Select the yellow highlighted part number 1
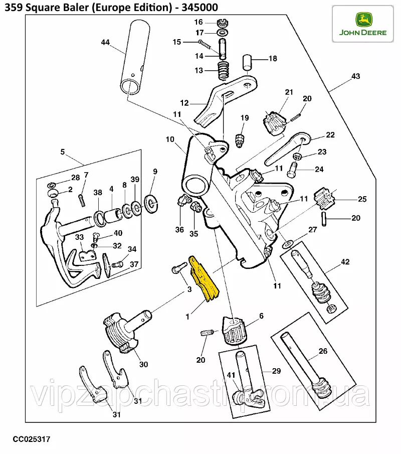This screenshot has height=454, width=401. coord(204,280)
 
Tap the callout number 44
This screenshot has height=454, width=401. coord(105,43)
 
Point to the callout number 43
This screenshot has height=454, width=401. coord(355,76)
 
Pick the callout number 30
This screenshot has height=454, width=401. coord(143,364)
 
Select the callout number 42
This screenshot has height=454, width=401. coord(345,262)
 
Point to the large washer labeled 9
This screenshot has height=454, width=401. coord(150,202)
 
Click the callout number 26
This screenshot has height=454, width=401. coord(323,351)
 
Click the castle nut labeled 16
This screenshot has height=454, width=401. coord(222,23)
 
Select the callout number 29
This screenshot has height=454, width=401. coord(276,371)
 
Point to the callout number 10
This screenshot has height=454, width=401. coord(169,139)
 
